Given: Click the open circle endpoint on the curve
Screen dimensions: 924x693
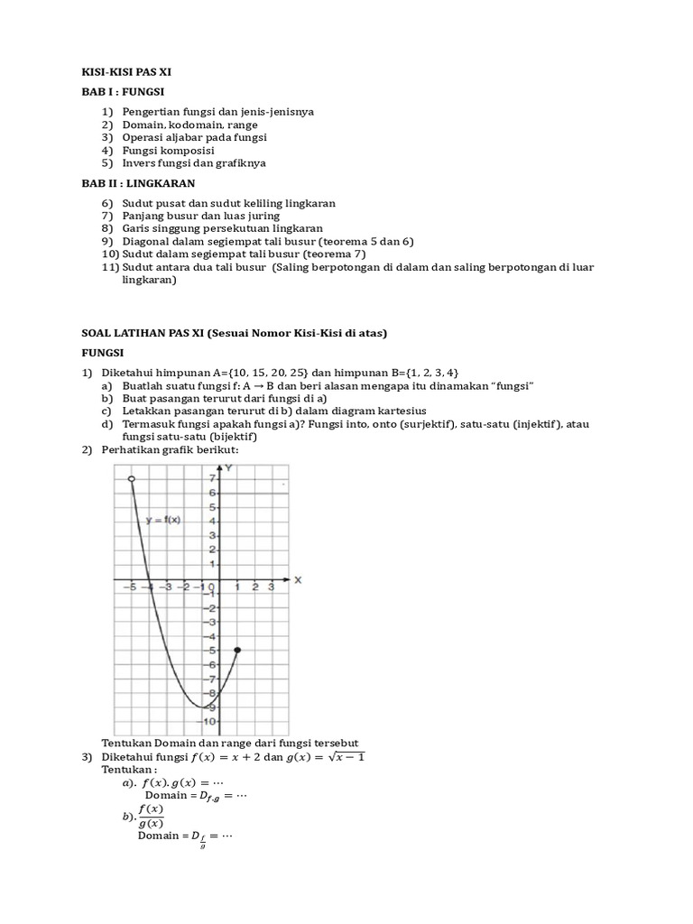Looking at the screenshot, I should pos(132,478).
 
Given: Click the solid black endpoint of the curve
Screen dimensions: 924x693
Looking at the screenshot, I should pos(237,650).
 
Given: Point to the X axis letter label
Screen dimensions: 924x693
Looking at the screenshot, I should pos(297,579).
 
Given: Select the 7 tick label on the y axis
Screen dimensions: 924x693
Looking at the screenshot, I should pos(212,478).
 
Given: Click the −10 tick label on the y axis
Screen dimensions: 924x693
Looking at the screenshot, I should pos(208,721).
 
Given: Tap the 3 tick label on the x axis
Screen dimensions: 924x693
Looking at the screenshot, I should pos(272,587).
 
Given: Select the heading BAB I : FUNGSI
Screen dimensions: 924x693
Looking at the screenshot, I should pos(123,92).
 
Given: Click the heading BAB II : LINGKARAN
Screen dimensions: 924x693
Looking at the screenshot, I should pos(138,183).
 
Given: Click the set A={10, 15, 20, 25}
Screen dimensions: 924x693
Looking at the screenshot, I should pos(267,374).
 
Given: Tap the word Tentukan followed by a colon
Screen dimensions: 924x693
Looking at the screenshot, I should pos(130,770).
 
